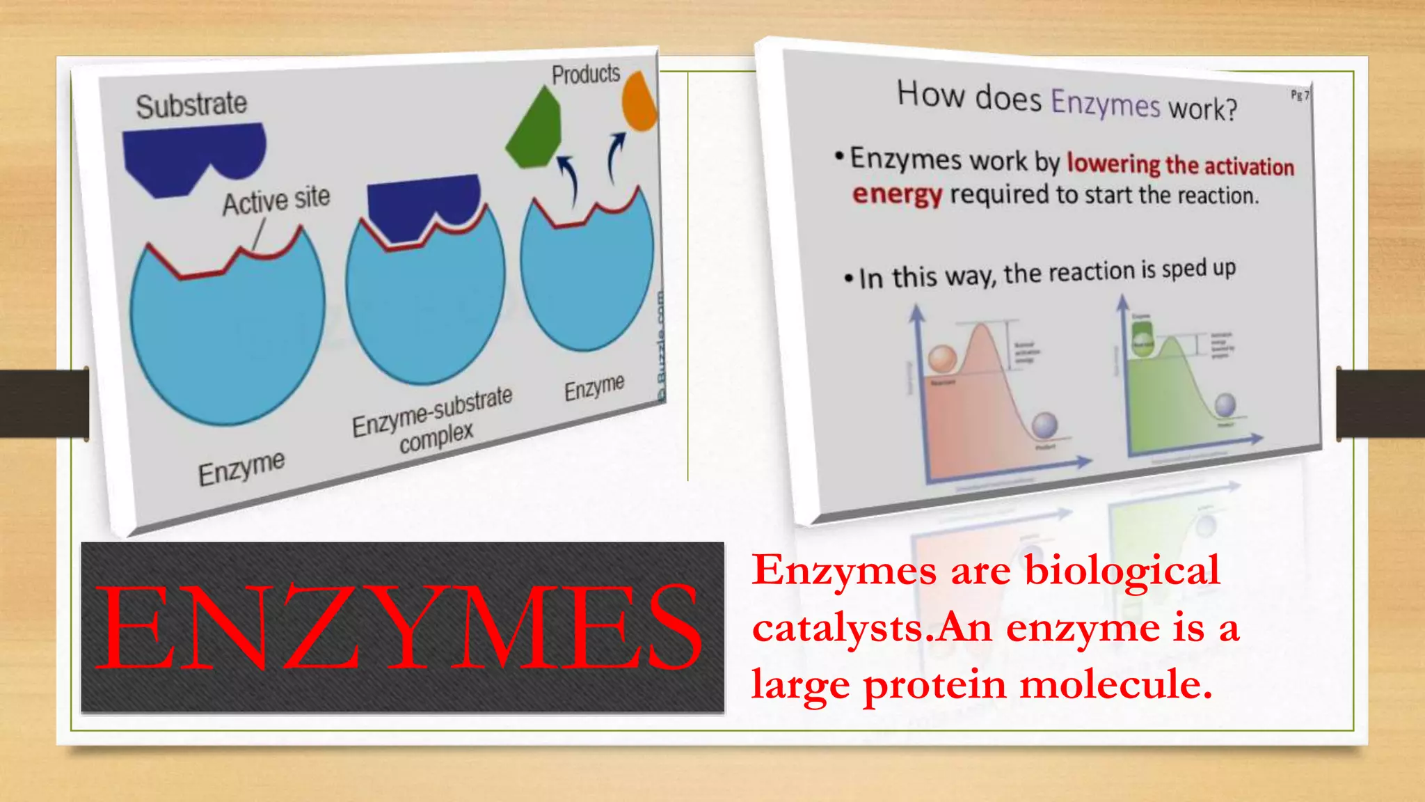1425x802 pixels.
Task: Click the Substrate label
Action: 191,105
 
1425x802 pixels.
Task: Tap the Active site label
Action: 276,200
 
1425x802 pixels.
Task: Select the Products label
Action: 585,74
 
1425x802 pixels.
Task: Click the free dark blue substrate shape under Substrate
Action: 191,157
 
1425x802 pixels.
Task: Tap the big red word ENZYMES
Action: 398,627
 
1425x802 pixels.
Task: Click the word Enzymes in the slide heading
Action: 1105,103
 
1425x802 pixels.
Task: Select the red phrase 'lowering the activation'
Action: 1180,164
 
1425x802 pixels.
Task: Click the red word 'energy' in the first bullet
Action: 897,194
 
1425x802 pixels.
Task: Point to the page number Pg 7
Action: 1300,95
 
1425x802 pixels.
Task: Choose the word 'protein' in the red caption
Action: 934,685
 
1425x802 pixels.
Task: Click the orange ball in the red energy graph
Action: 943,359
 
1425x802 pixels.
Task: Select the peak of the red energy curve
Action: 981,327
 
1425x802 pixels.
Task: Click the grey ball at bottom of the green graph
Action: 1225,404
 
